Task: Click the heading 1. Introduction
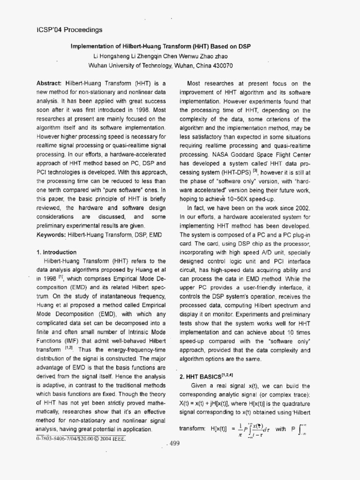click(x=57, y=252)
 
